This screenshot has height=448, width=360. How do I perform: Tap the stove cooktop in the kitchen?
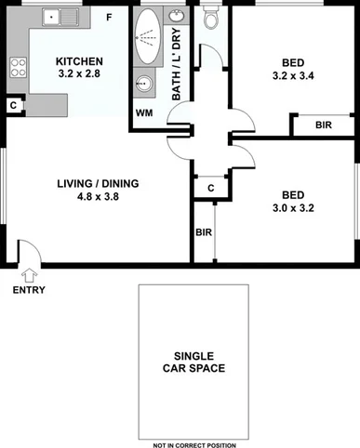point(17,68)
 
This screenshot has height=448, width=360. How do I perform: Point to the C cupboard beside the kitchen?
point(12,106)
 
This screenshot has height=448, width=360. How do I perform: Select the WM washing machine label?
point(144,112)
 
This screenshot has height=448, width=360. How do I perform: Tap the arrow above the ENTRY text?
point(28,275)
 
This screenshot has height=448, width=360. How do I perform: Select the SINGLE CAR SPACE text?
point(194,362)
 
